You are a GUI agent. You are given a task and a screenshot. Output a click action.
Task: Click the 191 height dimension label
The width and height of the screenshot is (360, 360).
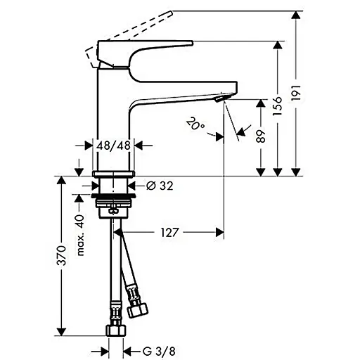(x=296, y=93)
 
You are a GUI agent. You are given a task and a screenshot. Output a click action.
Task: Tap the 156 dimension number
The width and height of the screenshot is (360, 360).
(x=277, y=106)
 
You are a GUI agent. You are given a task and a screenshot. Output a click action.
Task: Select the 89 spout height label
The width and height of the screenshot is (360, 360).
(x=261, y=136)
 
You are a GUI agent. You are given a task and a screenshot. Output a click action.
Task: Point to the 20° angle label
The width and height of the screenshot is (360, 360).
(x=195, y=123)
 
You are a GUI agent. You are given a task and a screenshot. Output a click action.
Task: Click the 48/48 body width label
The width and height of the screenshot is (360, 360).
(x=113, y=146)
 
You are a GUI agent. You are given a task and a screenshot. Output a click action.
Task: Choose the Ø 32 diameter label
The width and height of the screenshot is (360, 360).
(x=160, y=186)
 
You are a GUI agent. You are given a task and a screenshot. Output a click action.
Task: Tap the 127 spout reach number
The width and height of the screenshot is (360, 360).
(x=170, y=233)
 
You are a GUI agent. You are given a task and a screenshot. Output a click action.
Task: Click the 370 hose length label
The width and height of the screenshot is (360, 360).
(x=62, y=256)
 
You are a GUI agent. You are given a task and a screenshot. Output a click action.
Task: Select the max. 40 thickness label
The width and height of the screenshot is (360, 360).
(x=80, y=235)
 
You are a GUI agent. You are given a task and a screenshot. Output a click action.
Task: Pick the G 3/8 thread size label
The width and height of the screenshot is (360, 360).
(x=159, y=351)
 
